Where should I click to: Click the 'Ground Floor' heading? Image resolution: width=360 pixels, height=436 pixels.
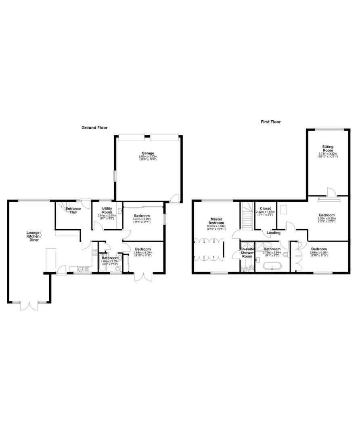(94, 128)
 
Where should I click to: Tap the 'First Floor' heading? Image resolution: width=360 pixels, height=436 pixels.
(270, 122)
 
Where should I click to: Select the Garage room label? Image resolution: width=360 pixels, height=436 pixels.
(147, 153)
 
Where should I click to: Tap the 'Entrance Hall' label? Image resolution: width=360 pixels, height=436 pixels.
(73, 210)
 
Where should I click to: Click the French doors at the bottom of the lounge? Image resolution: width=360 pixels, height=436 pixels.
(29, 305)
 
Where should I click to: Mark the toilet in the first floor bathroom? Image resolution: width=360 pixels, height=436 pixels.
(286, 254)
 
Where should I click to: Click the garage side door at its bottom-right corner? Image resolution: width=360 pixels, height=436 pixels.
(174, 198)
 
